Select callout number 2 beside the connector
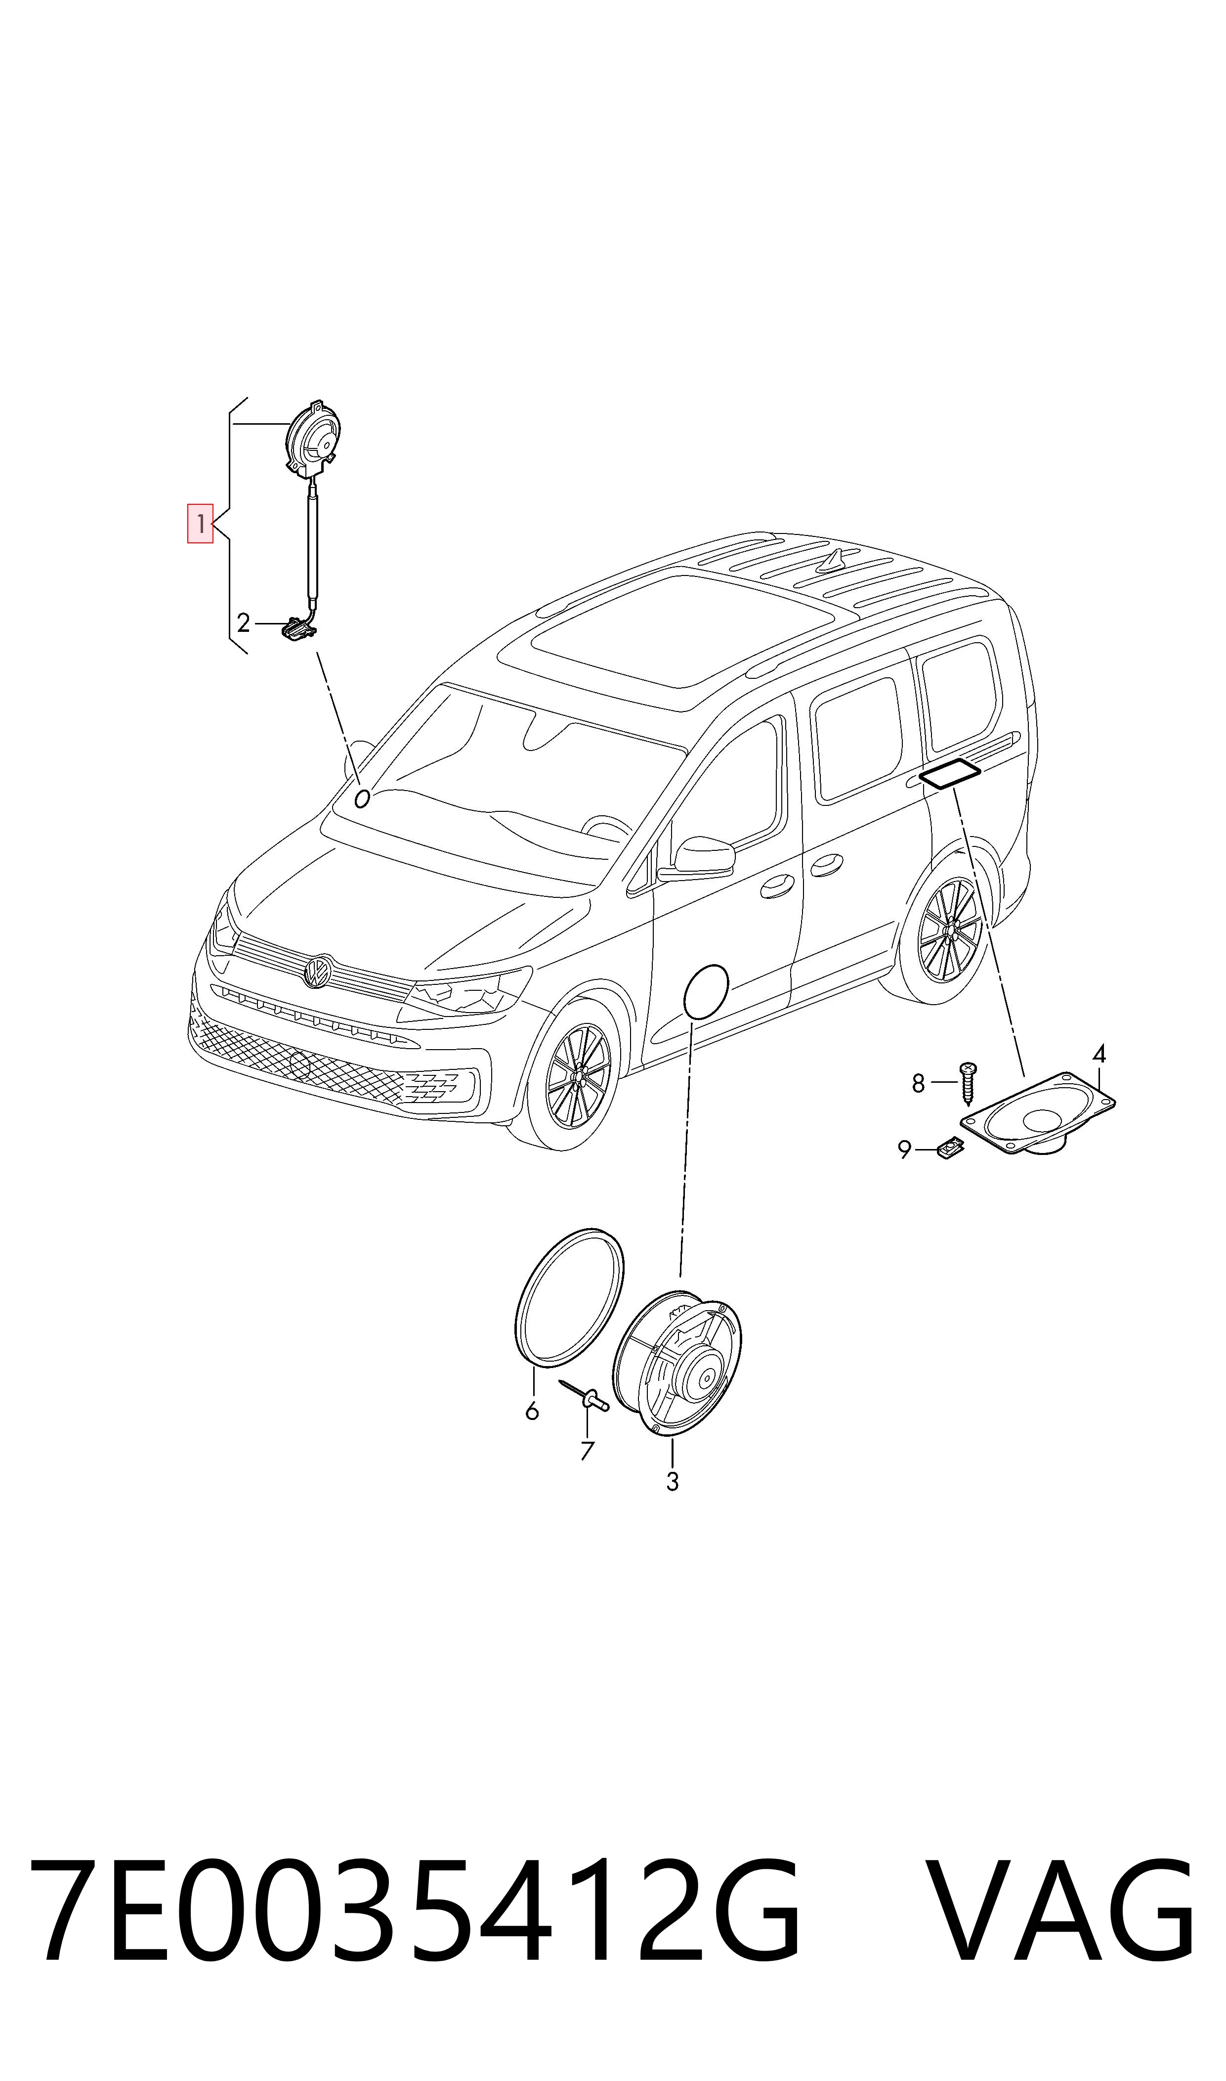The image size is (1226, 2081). click(x=243, y=622)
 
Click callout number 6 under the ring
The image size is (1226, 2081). click(x=532, y=1411)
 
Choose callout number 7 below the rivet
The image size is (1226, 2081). click(x=587, y=1451)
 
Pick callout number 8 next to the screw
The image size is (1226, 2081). click(x=918, y=1083)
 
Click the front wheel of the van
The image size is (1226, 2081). click(x=578, y=1074)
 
